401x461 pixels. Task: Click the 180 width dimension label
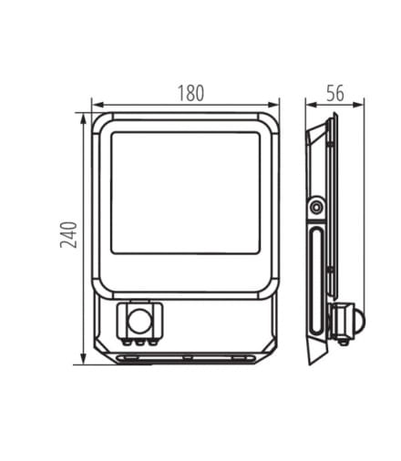click(x=190, y=93)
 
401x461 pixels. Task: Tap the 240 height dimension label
click(x=68, y=235)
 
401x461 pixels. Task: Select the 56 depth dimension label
click(x=335, y=93)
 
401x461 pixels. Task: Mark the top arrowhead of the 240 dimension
click(x=83, y=119)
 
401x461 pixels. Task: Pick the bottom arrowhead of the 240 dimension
click(x=83, y=358)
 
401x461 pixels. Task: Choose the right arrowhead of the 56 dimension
click(x=358, y=105)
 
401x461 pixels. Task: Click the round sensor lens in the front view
click(x=139, y=321)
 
